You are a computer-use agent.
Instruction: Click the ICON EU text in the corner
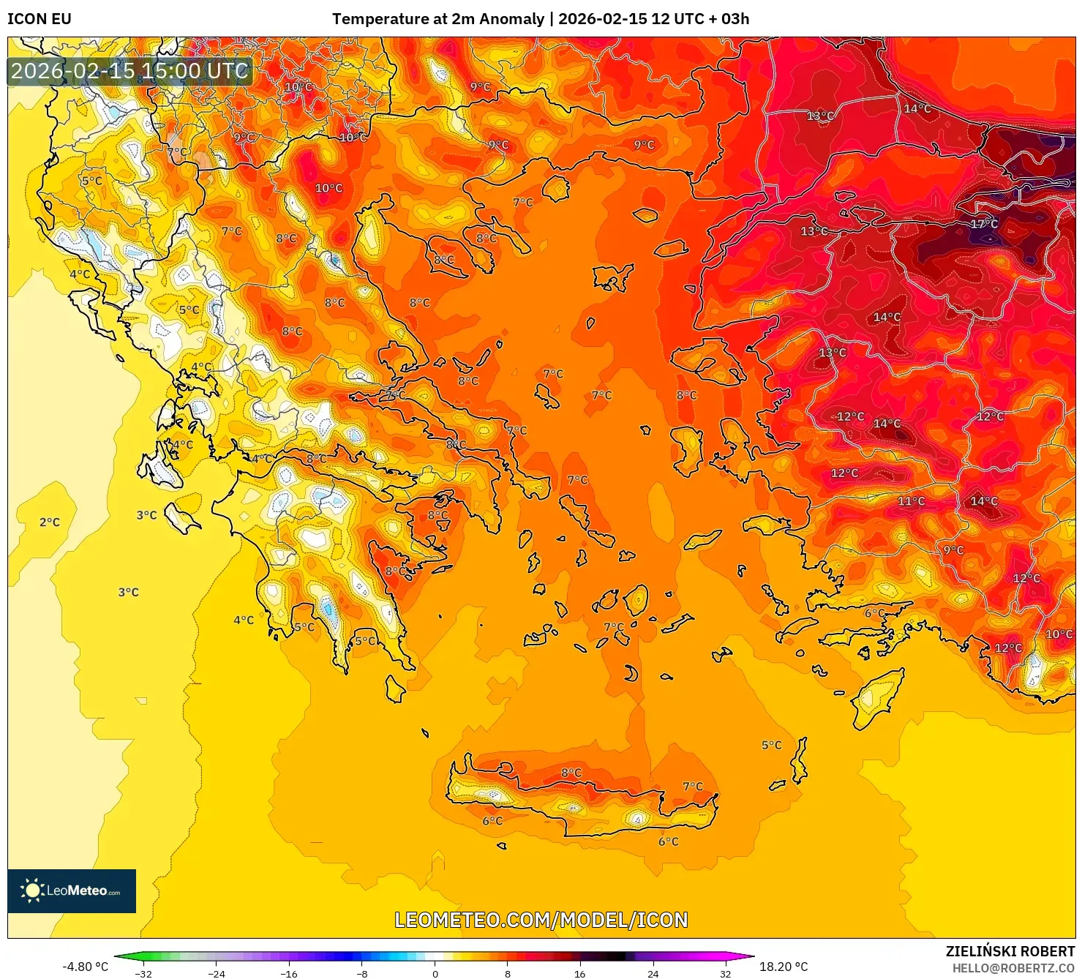40,19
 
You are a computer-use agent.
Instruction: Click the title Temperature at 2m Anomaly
437,19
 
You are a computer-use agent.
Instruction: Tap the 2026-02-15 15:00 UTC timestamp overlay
129,71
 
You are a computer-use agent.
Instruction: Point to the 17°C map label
984,223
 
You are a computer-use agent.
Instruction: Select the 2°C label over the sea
50,522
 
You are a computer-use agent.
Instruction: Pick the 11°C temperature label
911,501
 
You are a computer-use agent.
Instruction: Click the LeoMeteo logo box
72,890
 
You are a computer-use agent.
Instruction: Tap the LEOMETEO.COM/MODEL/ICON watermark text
541,920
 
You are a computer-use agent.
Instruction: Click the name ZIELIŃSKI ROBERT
1010,951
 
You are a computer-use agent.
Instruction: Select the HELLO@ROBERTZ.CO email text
1013,968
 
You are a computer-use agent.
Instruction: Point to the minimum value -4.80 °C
85,967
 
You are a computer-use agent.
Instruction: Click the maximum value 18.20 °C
784,967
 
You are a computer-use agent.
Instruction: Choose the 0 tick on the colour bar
435,973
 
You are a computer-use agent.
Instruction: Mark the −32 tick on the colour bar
143,973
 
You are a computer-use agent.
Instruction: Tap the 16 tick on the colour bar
580,973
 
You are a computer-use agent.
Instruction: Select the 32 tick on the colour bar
725,973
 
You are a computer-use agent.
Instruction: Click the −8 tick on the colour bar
362,973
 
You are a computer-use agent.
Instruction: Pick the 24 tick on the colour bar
653,973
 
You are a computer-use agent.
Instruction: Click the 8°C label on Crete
571,773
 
